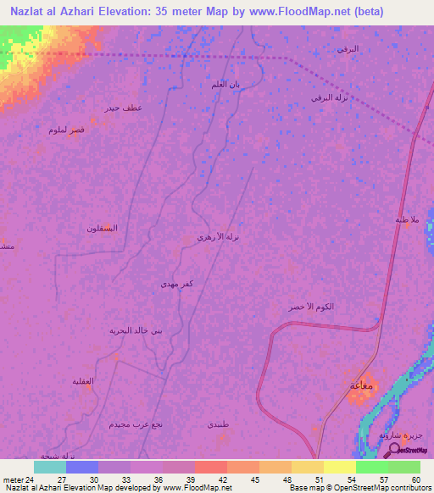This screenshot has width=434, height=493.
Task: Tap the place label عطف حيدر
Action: coord(123,108)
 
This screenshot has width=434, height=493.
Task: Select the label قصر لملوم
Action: coord(65,130)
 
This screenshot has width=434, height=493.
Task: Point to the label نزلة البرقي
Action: coord(331,98)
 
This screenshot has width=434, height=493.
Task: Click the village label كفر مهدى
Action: coord(178,285)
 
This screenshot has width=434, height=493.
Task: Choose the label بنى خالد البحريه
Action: coord(134,330)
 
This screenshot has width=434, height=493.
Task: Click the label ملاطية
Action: coord(407,219)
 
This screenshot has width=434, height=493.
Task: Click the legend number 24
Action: coord(31,479)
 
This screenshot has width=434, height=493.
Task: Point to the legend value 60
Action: coord(415,479)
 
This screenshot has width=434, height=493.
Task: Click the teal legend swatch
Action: coord(49,467)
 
